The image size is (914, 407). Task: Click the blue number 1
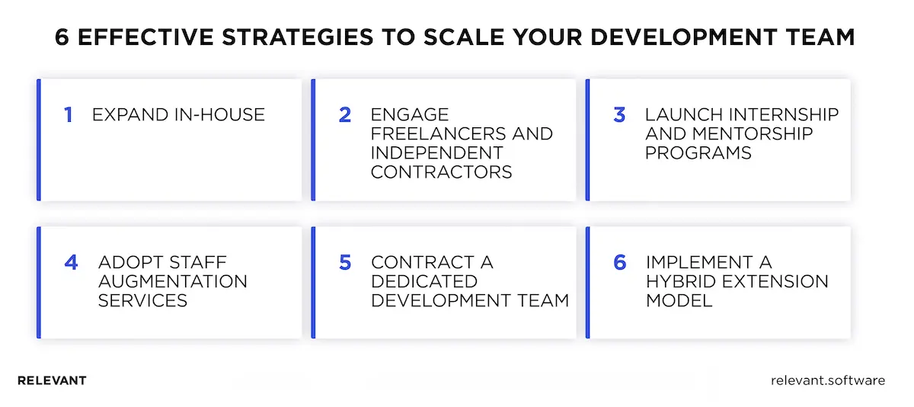(x=69, y=115)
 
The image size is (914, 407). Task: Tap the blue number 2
(x=345, y=115)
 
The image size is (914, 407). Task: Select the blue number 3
(x=619, y=115)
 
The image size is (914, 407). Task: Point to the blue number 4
(x=71, y=263)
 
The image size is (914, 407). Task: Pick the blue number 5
(x=345, y=263)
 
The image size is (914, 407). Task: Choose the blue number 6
(x=619, y=263)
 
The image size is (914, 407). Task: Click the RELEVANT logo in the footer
(x=52, y=380)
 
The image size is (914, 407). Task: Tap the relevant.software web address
(x=828, y=380)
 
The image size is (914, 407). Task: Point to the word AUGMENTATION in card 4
(x=173, y=282)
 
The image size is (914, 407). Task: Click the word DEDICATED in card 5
(x=424, y=282)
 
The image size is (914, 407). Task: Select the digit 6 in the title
(x=62, y=38)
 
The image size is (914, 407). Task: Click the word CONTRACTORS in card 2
(x=442, y=171)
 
